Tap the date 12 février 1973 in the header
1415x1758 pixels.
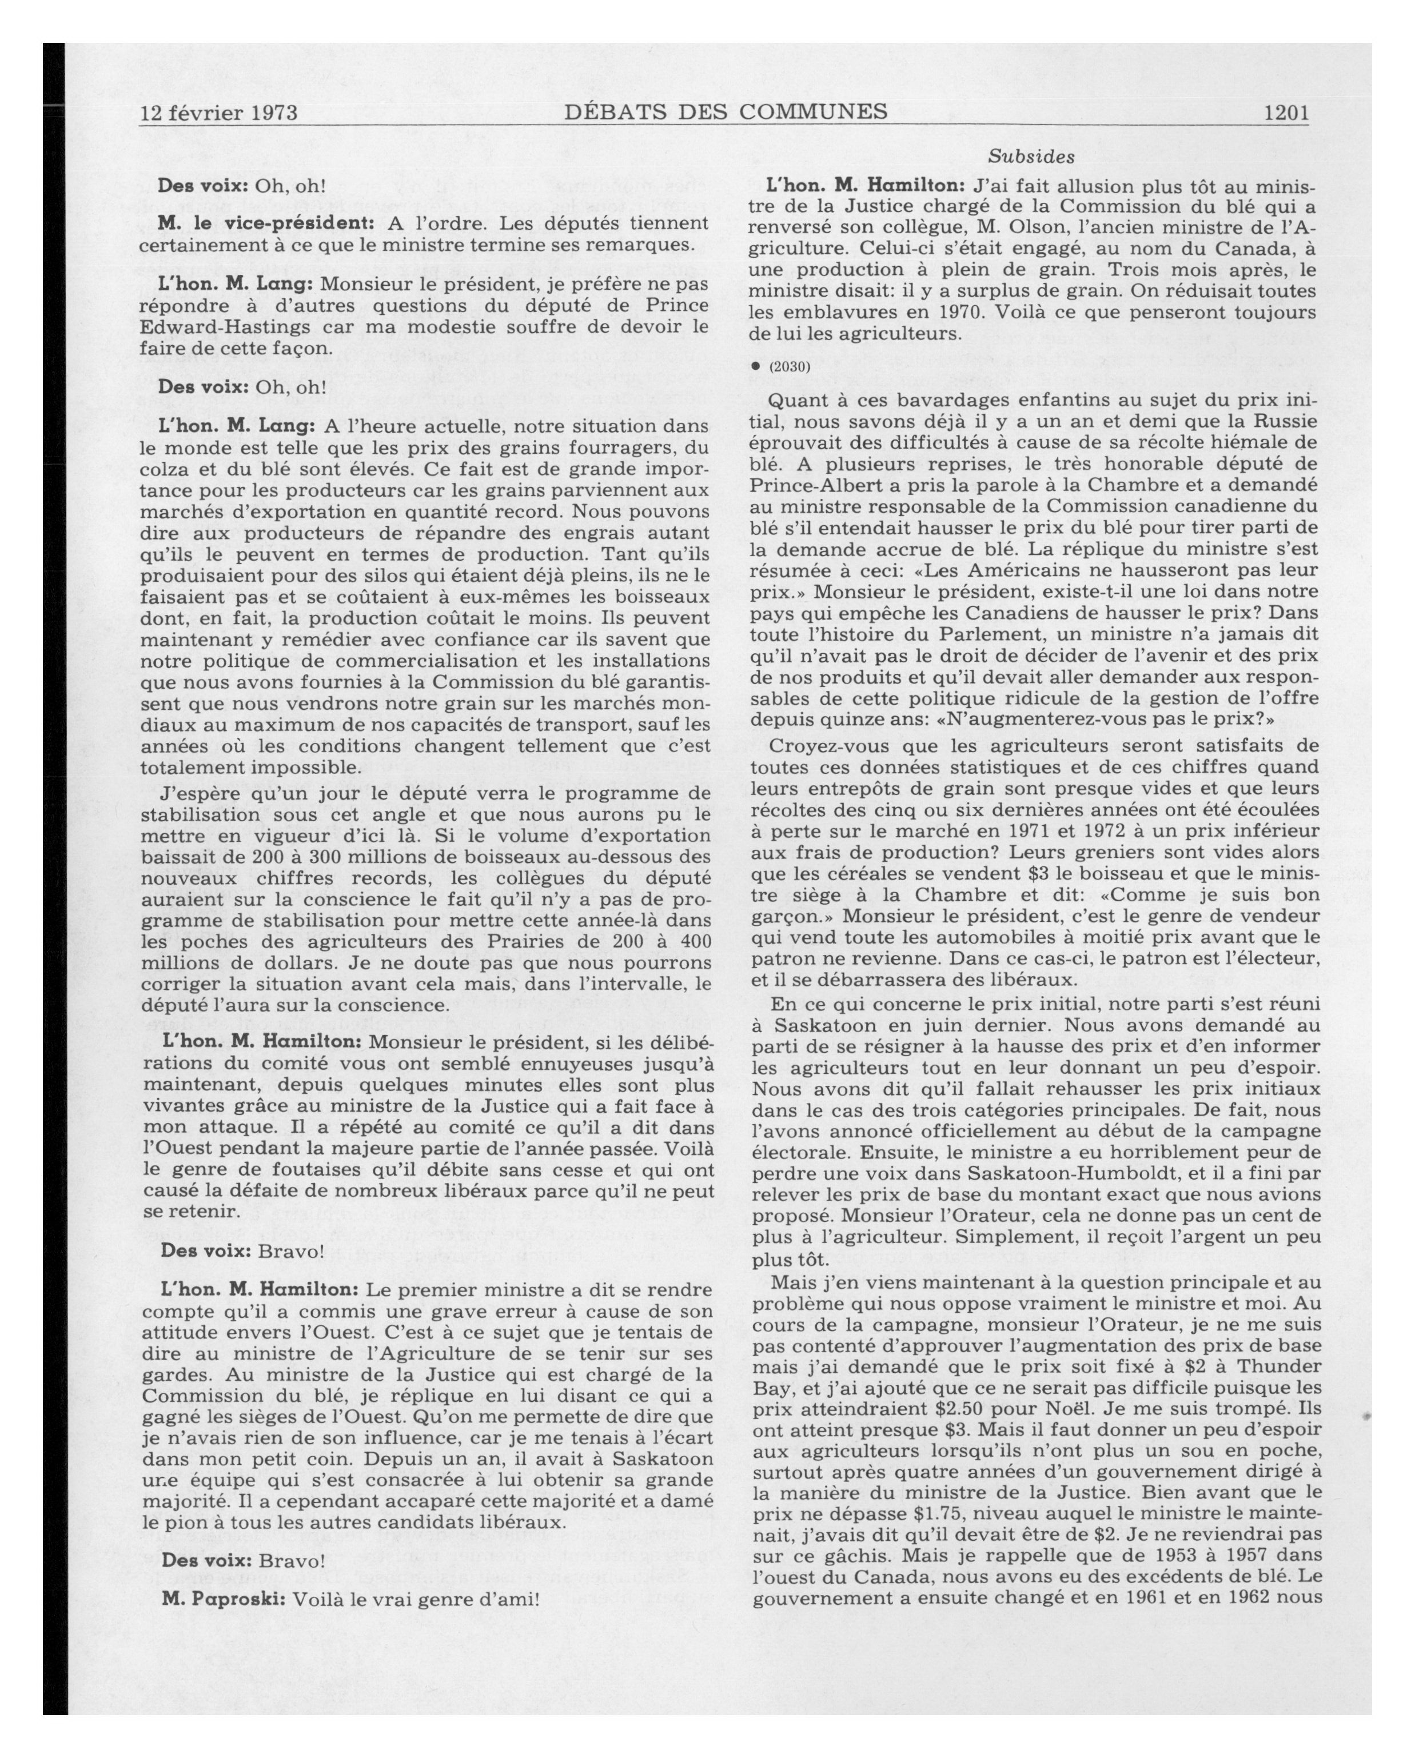218,113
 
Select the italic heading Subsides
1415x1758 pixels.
1031,156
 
